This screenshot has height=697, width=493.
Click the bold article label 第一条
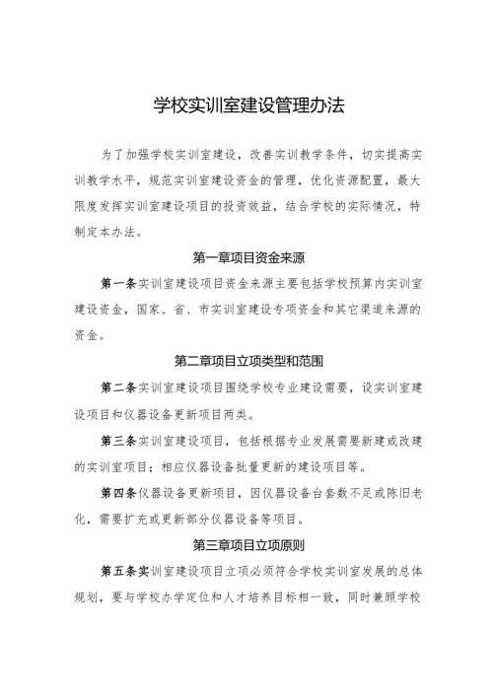pyautogui.click(x=118, y=285)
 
